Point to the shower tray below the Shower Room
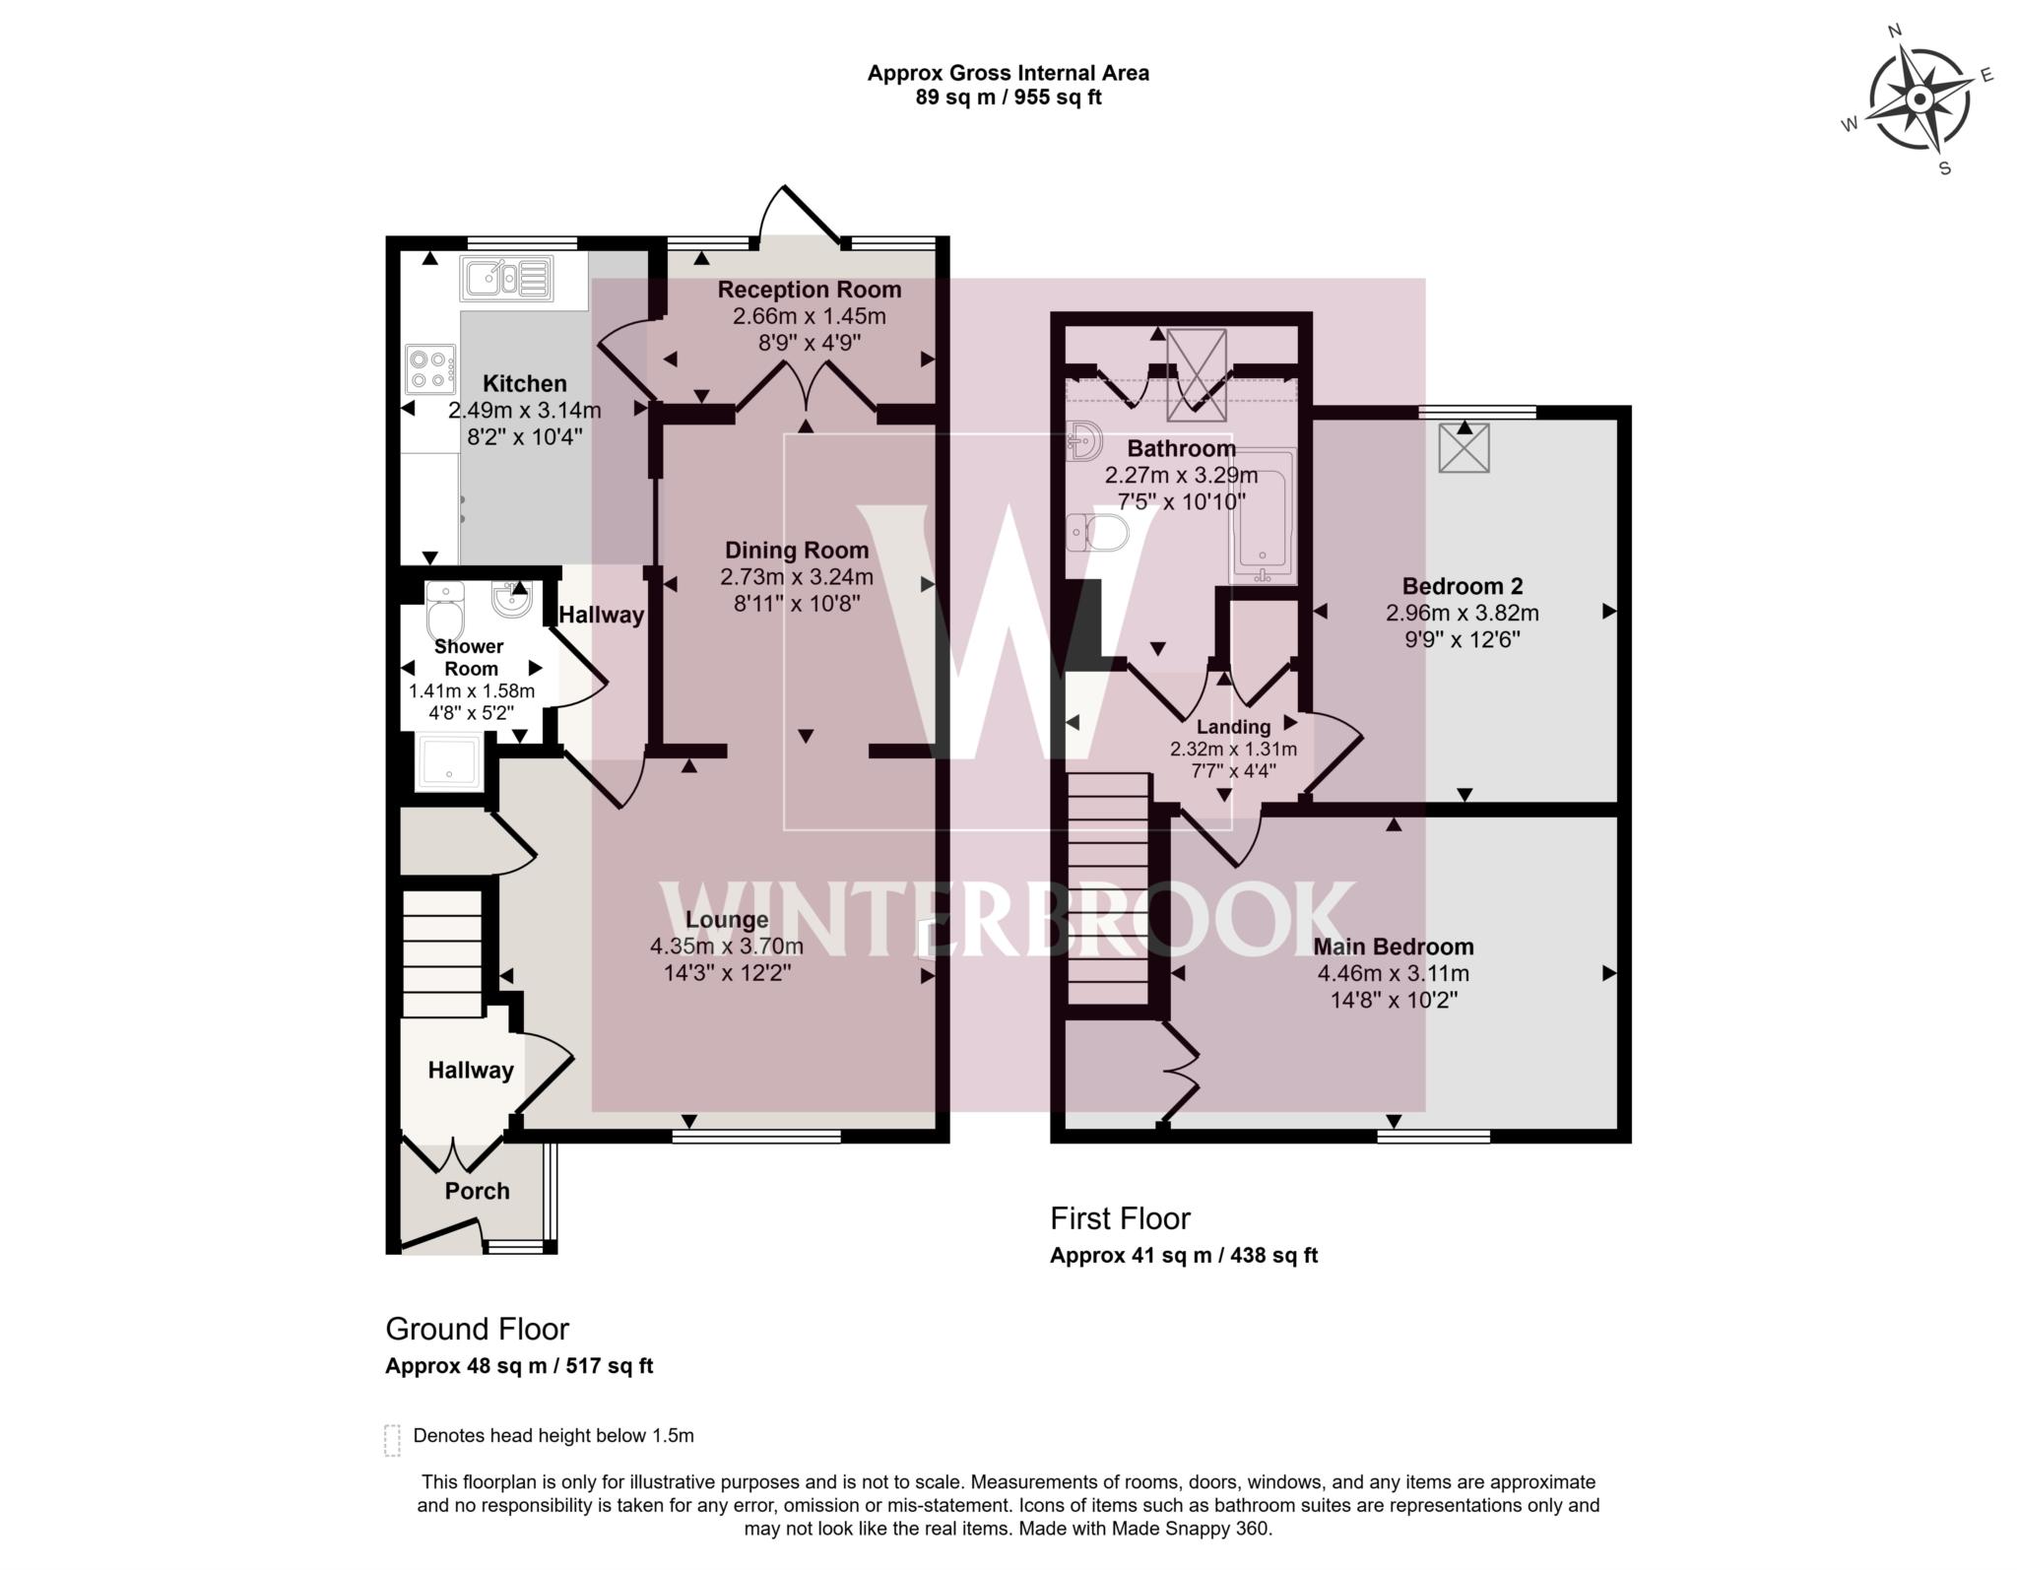point(449,762)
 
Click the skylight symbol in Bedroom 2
point(1464,448)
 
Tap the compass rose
point(1919,100)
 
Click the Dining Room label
point(797,551)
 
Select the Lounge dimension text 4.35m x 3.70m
point(726,947)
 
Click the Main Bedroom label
point(1393,947)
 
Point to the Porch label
point(477,1191)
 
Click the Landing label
point(1233,727)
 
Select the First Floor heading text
point(1120,1218)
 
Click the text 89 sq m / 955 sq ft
point(1008,98)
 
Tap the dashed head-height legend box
point(392,1439)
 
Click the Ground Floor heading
point(477,1329)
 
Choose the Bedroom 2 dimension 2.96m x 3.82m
point(1462,613)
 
